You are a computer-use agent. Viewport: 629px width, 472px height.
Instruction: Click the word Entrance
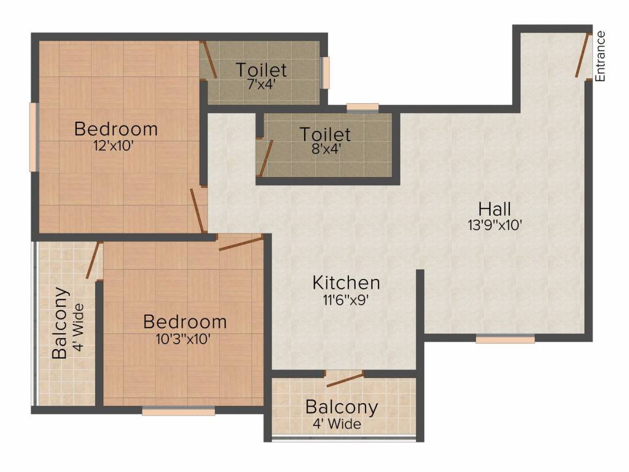click(x=601, y=56)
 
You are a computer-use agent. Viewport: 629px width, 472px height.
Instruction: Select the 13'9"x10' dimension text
click(x=494, y=225)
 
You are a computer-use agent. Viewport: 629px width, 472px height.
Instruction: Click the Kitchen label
click(x=346, y=283)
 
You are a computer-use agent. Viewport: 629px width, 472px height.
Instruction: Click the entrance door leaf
click(x=582, y=55)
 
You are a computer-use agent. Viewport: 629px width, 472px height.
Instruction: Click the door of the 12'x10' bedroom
click(x=198, y=210)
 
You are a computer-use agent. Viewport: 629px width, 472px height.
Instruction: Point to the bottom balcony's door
click(x=345, y=379)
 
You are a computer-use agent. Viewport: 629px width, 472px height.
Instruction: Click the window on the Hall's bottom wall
click(x=505, y=339)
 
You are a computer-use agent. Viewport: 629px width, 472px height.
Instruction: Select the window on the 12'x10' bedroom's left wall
click(x=33, y=137)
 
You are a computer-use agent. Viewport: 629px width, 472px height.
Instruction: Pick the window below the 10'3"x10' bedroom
click(x=178, y=411)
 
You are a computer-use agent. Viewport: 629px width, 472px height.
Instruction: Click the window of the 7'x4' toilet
click(x=326, y=73)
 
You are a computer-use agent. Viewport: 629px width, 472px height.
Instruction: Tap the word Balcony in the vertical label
click(x=60, y=323)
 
